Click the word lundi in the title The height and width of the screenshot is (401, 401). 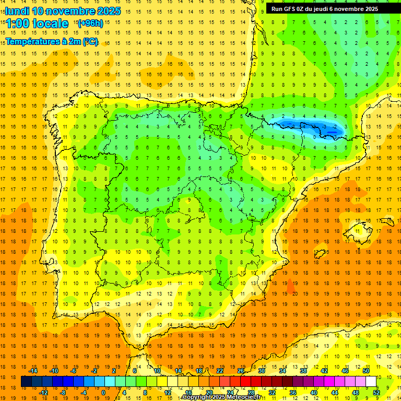click(x=17, y=11)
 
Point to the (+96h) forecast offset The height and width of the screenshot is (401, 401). click(x=90, y=23)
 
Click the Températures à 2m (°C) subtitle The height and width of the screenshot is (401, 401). click(x=51, y=41)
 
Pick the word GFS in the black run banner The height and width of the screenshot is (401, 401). click(x=290, y=9)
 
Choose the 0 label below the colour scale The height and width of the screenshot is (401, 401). click(x=103, y=393)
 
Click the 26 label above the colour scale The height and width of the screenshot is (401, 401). click(x=241, y=371)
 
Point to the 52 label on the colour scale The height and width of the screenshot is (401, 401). click(x=376, y=393)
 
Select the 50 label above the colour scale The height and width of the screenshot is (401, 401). click(x=366, y=371)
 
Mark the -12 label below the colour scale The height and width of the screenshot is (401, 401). click(x=43, y=393)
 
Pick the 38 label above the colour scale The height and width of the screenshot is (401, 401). click(x=303, y=371)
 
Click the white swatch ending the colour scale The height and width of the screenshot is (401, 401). click(x=371, y=381)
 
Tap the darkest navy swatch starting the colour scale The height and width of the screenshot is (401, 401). click(x=26, y=381)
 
